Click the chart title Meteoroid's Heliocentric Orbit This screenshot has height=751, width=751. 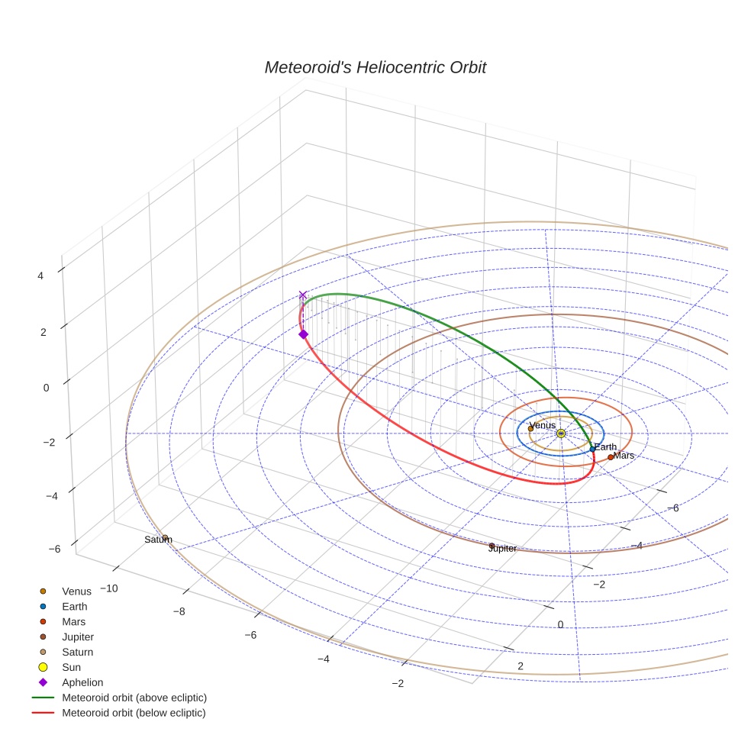tap(375, 67)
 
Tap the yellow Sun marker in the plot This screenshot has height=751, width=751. tap(561, 434)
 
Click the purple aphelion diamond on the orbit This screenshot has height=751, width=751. tap(303, 334)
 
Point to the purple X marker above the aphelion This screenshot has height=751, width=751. tap(303, 295)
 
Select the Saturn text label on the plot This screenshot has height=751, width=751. tap(158, 540)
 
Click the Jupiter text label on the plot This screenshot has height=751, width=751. tap(502, 549)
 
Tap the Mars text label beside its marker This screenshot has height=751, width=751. tap(624, 456)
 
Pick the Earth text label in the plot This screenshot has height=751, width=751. tap(605, 447)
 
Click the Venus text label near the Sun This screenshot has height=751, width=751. tap(542, 425)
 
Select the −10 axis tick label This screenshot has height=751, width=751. tap(109, 588)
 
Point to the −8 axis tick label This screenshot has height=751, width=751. tap(179, 611)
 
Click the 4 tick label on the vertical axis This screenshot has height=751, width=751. tap(40, 276)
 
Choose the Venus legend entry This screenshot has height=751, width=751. tap(76, 591)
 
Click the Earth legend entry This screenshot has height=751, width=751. tap(74, 606)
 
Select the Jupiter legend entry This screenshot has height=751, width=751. tap(78, 637)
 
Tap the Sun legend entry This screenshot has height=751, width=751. tap(71, 667)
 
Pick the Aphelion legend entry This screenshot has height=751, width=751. tap(82, 682)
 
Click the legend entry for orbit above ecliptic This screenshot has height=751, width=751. tap(134, 698)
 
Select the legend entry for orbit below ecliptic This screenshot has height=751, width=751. tap(134, 713)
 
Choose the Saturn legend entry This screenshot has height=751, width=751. tap(77, 652)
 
